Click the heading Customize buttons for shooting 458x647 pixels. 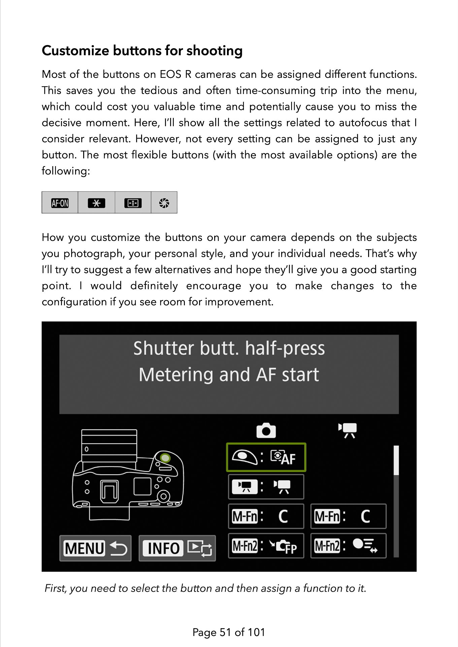pyautogui.click(x=142, y=51)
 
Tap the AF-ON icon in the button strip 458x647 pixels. pyautogui.click(x=60, y=203)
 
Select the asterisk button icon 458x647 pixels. pyautogui.click(x=96, y=203)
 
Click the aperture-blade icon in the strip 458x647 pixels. pyautogui.click(x=164, y=203)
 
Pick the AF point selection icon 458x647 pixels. pyautogui.click(x=133, y=203)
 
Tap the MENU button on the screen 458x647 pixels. pyautogui.click(x=95, y=548)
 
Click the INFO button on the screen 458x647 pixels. pyautogui.click(x=177, y=548)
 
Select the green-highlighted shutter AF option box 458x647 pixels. pyautogui.click(x=266, y=457)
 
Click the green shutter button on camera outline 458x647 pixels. pyautogui.click(x=165, y=458)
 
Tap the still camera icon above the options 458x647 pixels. pyautogui.click(x=266, y=431)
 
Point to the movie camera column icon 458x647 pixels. pyautogui.click(x=348, y=430)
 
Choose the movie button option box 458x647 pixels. pyautogui.click(x=266, y=487)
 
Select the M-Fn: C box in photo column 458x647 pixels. pyautogui.click(x=266, y=516)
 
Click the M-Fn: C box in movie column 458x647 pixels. pyautogui.click(x=348, y=516)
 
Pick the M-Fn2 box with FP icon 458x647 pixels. pyautogui.click(x=266, y=546)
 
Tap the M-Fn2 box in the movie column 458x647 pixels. pyautogui.click(x=348, y=546)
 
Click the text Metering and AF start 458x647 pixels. pyautogui.click(x=229, y=375)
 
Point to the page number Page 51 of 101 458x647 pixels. pyautogui.click(x=229, y=632)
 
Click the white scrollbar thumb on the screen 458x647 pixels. pyautogui.click(x=396, y=460)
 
